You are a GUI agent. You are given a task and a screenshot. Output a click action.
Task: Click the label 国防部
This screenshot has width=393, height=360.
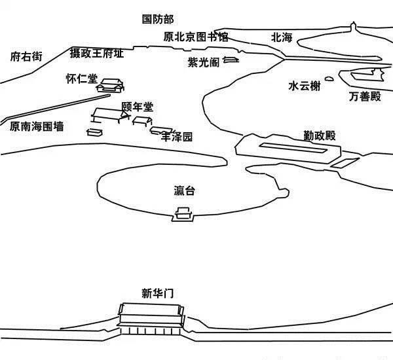pos(159,20)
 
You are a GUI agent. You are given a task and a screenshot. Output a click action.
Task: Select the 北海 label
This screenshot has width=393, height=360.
pos(282,37)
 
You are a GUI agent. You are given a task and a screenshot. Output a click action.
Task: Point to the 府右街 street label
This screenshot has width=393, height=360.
pos(26,57)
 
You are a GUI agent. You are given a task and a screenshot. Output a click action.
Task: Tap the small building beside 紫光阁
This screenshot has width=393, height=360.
pos(231,60)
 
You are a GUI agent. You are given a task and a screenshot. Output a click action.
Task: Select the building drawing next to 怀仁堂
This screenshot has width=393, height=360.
pos(111,84)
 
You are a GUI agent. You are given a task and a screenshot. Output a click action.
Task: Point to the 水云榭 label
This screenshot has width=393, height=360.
pos(305,86)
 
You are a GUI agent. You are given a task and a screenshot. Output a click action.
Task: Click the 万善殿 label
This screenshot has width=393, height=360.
pos(365,97)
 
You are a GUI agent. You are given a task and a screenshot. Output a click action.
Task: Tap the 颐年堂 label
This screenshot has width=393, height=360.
pos(138,107)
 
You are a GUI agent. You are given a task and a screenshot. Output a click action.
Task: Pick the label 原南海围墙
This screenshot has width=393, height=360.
pos(37,127)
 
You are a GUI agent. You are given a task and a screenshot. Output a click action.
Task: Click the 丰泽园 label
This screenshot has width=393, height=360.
pos(178,137)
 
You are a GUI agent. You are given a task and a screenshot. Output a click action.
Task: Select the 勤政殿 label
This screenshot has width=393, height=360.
pos(319,135)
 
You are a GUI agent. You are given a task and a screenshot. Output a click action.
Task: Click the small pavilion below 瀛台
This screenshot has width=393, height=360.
pos(182,213)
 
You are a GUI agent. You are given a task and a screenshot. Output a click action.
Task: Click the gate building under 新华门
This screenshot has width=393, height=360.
pos(149,319)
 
